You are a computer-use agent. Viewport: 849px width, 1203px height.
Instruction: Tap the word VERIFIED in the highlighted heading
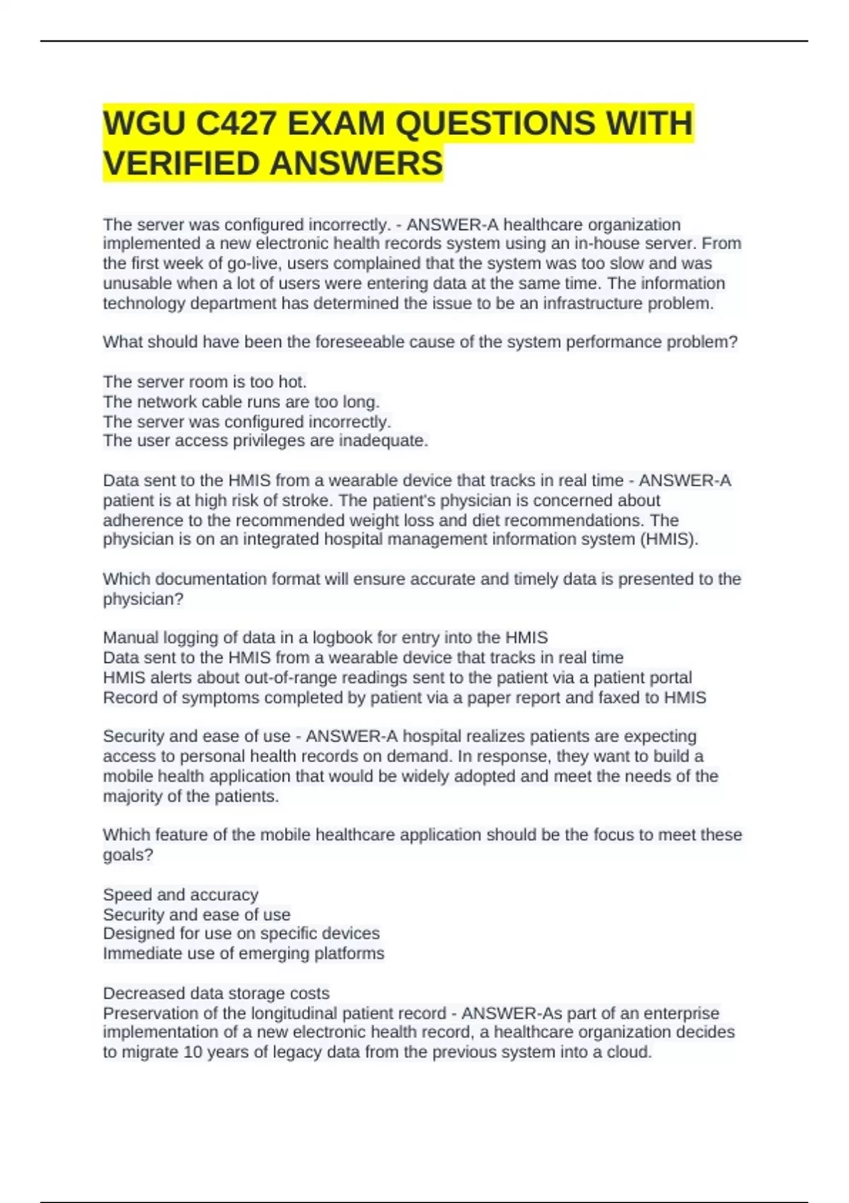click(x=180, y=163)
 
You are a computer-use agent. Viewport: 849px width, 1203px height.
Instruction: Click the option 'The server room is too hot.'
click(x=204, y=382)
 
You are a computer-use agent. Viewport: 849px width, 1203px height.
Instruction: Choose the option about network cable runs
click(x=241, y=402)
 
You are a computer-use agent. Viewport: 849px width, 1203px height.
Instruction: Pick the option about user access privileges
click(x=265, y=441)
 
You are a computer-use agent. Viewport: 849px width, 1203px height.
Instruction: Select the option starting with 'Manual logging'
click(x=325, y=638)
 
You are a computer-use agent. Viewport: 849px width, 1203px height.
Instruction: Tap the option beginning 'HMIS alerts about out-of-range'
click(x=397, y=677)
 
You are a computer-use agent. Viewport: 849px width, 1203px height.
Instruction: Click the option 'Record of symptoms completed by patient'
click(x=404, y=698)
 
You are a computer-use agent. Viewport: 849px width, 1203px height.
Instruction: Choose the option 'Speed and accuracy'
click(x=180, y=894)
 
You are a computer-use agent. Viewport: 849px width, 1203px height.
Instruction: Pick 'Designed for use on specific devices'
click(x=241, y=933)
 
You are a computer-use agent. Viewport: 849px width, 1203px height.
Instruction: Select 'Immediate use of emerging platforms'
click(x=243, y=953)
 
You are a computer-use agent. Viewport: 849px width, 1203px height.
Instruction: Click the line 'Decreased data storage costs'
click(x=216, y=994)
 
